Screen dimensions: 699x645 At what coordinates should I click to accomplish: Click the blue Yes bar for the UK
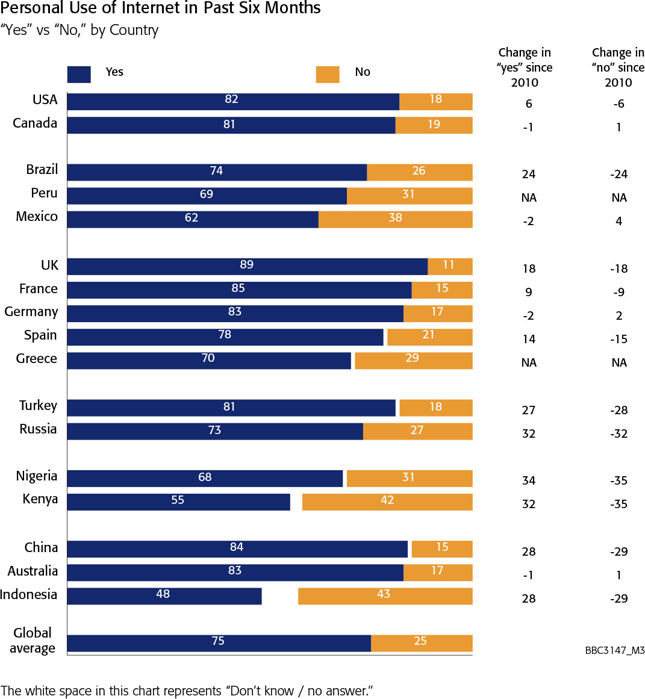click(247, 266)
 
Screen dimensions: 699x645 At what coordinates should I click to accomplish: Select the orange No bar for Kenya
click(387, 502)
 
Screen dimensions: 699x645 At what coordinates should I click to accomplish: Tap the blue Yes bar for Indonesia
click(164, 595)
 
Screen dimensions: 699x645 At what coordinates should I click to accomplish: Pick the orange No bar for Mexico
click(395, 219)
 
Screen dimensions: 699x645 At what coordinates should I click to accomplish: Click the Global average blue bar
click(218, 642)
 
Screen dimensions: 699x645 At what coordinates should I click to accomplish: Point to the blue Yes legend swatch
click(79, 73)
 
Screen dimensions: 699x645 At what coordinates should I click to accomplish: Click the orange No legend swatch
click(328, 73)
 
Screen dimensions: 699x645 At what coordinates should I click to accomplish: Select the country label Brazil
click(42, 170)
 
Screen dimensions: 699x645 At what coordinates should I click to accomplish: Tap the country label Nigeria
click(37, 476)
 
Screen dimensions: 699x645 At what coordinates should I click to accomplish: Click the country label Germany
click(31, 312)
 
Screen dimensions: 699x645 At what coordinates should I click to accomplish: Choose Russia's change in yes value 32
click(529, 433)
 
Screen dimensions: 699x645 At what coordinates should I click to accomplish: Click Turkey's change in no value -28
click(619, 410)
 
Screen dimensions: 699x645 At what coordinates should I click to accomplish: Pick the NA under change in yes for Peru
click(529, 197)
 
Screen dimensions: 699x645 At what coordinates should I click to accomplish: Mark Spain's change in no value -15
click(619, 339)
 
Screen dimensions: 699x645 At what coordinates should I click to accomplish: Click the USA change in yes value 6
click(529, 104)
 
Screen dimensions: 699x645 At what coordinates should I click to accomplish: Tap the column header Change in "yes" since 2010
click(525, 67)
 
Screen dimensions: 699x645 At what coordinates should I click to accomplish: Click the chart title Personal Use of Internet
click(161, 8)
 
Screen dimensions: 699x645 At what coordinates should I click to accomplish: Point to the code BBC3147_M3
click(614, 651)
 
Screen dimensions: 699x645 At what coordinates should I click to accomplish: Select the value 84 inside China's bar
click(236, 547)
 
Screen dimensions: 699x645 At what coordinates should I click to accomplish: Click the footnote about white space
click(187, 691)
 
